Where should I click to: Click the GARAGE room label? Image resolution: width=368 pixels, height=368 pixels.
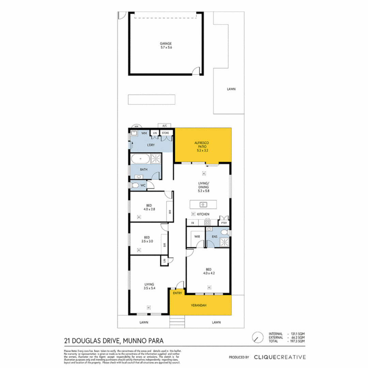pyautogui.click(x=166, y=44)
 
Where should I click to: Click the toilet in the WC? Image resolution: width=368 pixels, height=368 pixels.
pyautogui.click(x=135, y=185)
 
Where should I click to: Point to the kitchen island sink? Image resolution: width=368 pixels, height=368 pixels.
pyautogui.click(x=203, y=205)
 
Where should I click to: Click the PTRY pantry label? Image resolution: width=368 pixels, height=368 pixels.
pyautogui.click(x=224, y=223)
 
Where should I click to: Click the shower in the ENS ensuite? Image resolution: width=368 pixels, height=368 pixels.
pyautogui.click(x=224, y=243)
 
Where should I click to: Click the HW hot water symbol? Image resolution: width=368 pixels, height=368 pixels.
pyautogui.click(x=135, y=126)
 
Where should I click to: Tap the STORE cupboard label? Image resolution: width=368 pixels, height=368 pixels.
pyautogui.click(x=165, y=133)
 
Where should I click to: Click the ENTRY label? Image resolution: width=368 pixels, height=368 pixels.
pyautogui.click(x=177, y=293)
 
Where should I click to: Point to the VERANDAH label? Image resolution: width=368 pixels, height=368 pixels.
pyautogui.click(x=200, y=306)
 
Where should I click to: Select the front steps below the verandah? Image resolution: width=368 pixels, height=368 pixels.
pyautogui.click(x=178, y=321)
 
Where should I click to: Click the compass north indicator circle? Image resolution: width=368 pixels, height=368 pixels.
pyautogui.click(x=257, y=337)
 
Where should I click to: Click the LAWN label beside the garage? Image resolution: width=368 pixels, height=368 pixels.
pyautogui.click(x=231, y=89)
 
